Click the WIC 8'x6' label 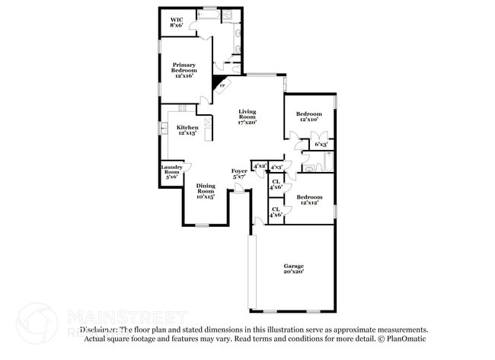pyautogui.click(x=176, y=21)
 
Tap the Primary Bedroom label pyautogui.click(x=184, y=70)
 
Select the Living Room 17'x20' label pyautogui.click(x=247, y=116)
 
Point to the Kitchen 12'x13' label pyautogui.click(x=187, y=130)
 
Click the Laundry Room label pyautogui.click(x=171, y=173)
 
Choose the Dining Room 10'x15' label pyautogui.click(x=206, y=191)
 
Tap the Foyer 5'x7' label pyautogui.click(x=239, y=174)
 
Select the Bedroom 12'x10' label pyautogui.click(x=308, y=116)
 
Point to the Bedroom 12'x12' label pyautogui.click(x=308, y=199)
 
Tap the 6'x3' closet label pyautogui.click(x=321, y=144)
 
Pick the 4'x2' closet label pyautogui.click(x=260, y=165)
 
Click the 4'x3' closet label pyautogui.click(x=276, y=166)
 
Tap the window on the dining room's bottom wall pyautogui.click(x=202, y=225)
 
